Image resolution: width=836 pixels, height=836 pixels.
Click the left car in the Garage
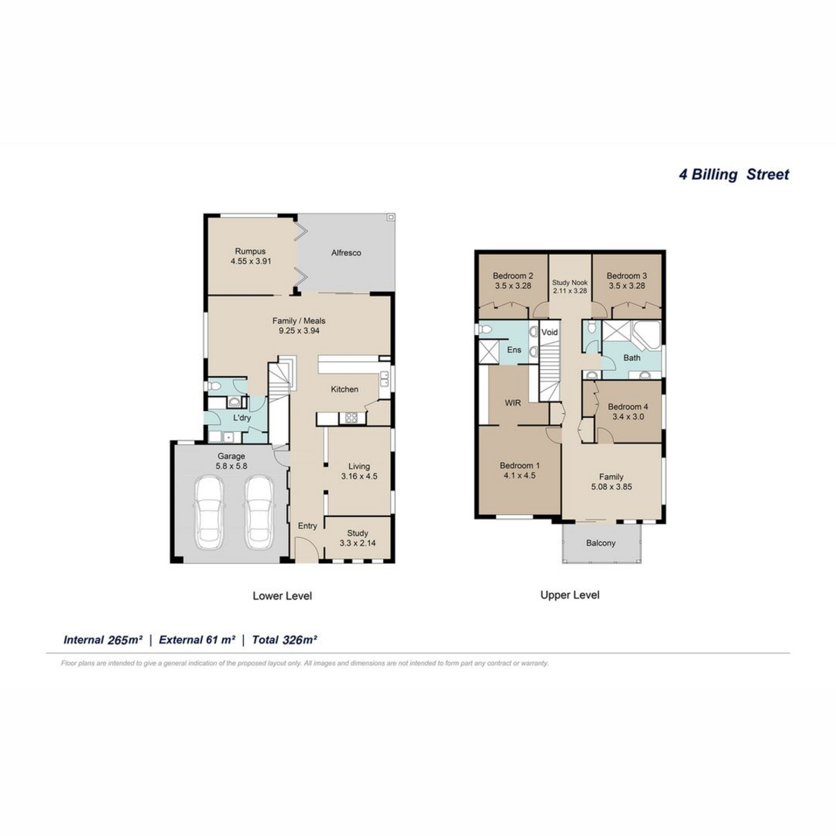click(x=210, y=513)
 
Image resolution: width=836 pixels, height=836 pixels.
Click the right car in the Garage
click(x=259, y=513)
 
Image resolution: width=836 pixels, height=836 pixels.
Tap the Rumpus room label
click(x=250, y=251)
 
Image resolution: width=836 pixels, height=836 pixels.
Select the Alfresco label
click(x=346, y=253)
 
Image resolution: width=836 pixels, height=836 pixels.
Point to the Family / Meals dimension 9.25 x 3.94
click(x=300, y=331)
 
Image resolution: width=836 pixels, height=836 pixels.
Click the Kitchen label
click(x=344, y=389)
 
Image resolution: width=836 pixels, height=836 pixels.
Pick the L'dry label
click(x=242, y=418)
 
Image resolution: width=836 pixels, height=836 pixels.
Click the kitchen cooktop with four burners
click(x=350, y=418)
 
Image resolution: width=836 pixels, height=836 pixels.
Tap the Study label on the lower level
click(x=357, y=533)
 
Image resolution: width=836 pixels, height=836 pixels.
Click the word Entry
click(x=308, y=526)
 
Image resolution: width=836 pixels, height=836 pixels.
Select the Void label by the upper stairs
click(x=550, y=332)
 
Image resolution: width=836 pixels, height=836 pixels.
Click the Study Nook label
click(x=570, y=282)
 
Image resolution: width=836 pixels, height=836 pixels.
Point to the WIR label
click(x=513, y=403)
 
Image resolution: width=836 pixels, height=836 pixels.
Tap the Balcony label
click(x=601, y=543)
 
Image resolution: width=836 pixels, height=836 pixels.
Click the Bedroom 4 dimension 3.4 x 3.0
click(x=628, y=417)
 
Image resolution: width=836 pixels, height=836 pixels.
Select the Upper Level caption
click(x=570, y=595)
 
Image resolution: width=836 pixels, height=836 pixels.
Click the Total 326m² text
click(x=285, y=640)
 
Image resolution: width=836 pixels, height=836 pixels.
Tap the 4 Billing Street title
click(x=734, y=174)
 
